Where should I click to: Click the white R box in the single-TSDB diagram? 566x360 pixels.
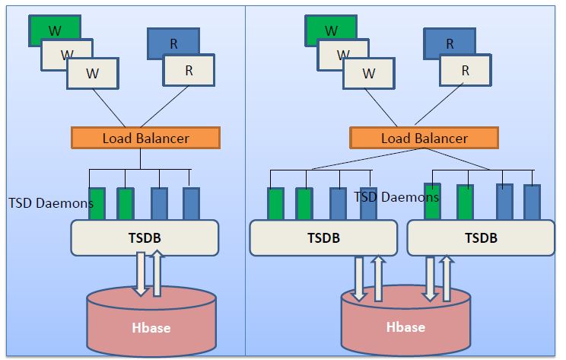point(189,71)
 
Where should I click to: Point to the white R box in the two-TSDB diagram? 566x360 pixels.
point(465,71)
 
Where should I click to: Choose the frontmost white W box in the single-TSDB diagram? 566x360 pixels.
point(93,74)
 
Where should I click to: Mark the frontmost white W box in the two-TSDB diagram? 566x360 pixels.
point(369,74)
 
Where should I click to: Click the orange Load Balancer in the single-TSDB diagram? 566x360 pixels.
point(145,138)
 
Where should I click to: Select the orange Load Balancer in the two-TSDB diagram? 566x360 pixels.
point(424,138)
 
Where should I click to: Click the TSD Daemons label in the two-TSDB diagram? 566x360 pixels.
point(396,197)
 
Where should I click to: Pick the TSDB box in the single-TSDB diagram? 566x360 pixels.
point(145,237)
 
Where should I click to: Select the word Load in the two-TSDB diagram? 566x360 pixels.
point(396,138)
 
